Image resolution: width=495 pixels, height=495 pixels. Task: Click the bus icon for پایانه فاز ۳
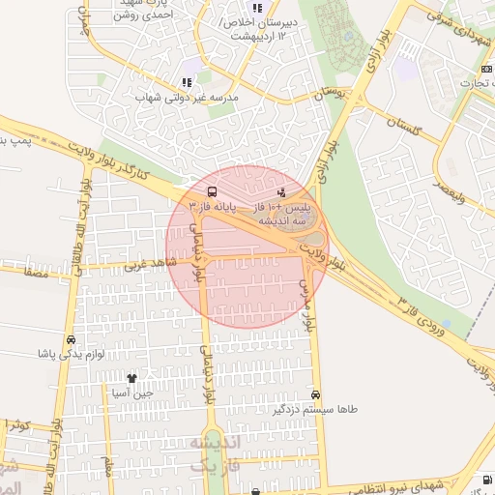tap(212, 191)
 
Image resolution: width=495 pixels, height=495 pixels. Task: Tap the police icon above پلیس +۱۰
tap(281, 192)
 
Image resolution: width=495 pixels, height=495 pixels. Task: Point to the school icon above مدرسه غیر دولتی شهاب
tap(187, 83)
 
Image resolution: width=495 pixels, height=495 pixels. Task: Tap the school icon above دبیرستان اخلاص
tap(257, 8)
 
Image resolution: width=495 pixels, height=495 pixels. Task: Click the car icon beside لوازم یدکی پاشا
tap(71, 340)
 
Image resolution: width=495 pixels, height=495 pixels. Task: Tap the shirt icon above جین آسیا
tap(131, 378)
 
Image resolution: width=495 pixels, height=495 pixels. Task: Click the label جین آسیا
tap(132, 393)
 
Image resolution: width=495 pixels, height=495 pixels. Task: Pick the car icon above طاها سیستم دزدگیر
tap(316, 394)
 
